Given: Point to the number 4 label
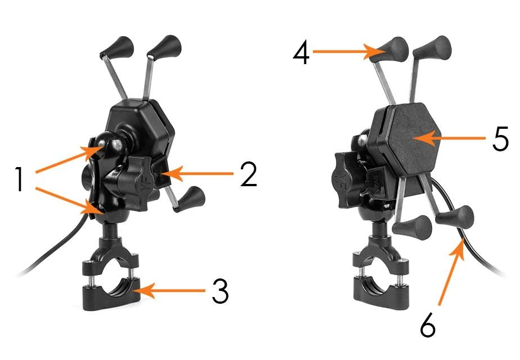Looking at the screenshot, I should tap(301, 53).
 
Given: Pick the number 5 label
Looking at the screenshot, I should tap(500, 138).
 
